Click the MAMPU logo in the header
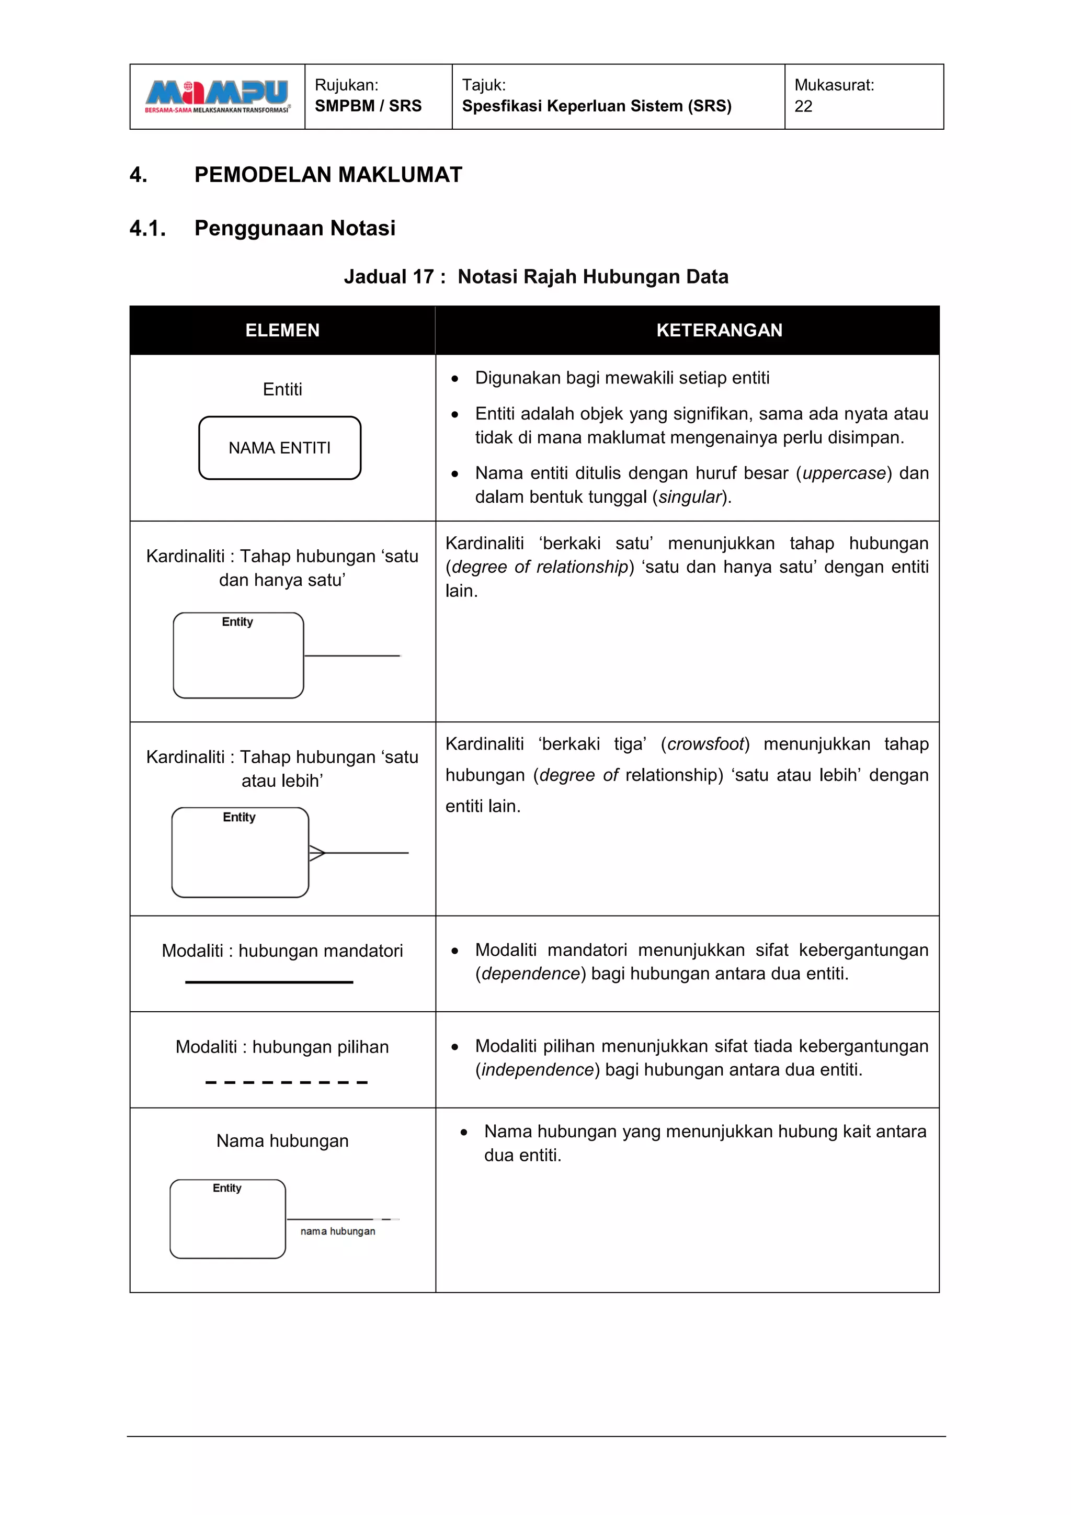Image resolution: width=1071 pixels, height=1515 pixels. point(217,96)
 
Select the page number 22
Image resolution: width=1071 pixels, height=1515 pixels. point(803,106)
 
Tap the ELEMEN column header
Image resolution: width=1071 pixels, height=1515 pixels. point(282,330)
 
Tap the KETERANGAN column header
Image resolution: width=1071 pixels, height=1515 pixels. point(719,330)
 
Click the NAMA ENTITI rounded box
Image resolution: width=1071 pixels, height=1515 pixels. point(280,448)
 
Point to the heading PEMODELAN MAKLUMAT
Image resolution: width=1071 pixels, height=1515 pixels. point(328,175)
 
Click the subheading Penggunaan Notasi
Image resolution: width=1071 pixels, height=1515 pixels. point(295,228)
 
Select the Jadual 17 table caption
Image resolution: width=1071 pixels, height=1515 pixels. point(535,276)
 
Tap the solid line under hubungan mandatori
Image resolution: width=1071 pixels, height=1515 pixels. point(269,982)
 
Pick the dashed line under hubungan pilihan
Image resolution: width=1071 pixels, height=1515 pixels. point(286,1082)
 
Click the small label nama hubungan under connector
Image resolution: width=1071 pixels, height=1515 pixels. point(338,1231)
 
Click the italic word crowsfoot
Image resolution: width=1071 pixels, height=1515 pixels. point(705,744)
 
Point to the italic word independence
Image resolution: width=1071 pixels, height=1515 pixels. point(537,1070)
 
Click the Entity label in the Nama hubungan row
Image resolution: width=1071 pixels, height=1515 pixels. point(227,1188)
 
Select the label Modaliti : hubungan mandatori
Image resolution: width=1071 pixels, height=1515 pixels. point(282,951)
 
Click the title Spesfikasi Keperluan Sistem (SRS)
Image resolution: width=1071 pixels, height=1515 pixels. point(596,106)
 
